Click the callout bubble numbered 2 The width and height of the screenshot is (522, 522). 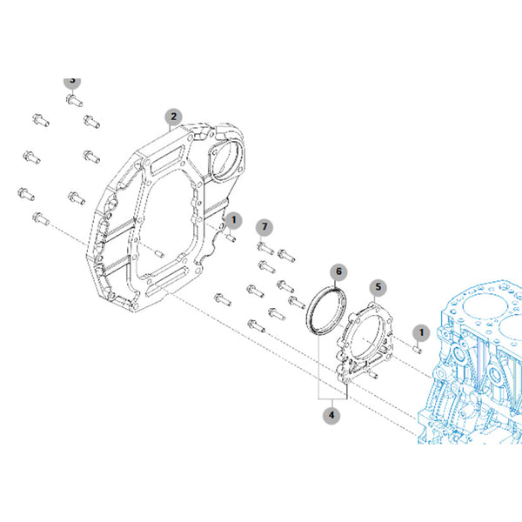pos(173,117)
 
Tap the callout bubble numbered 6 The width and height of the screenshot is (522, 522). pos(338,271)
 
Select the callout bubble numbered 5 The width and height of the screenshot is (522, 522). pos(378,287)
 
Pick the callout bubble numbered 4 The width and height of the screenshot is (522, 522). pos(331,416)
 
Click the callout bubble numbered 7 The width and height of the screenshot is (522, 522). pos(264,227)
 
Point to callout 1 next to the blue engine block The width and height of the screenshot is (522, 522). pos(421,332)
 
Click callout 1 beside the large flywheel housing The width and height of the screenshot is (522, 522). pos(233,220)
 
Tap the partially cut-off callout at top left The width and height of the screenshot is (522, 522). pos(72,83)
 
